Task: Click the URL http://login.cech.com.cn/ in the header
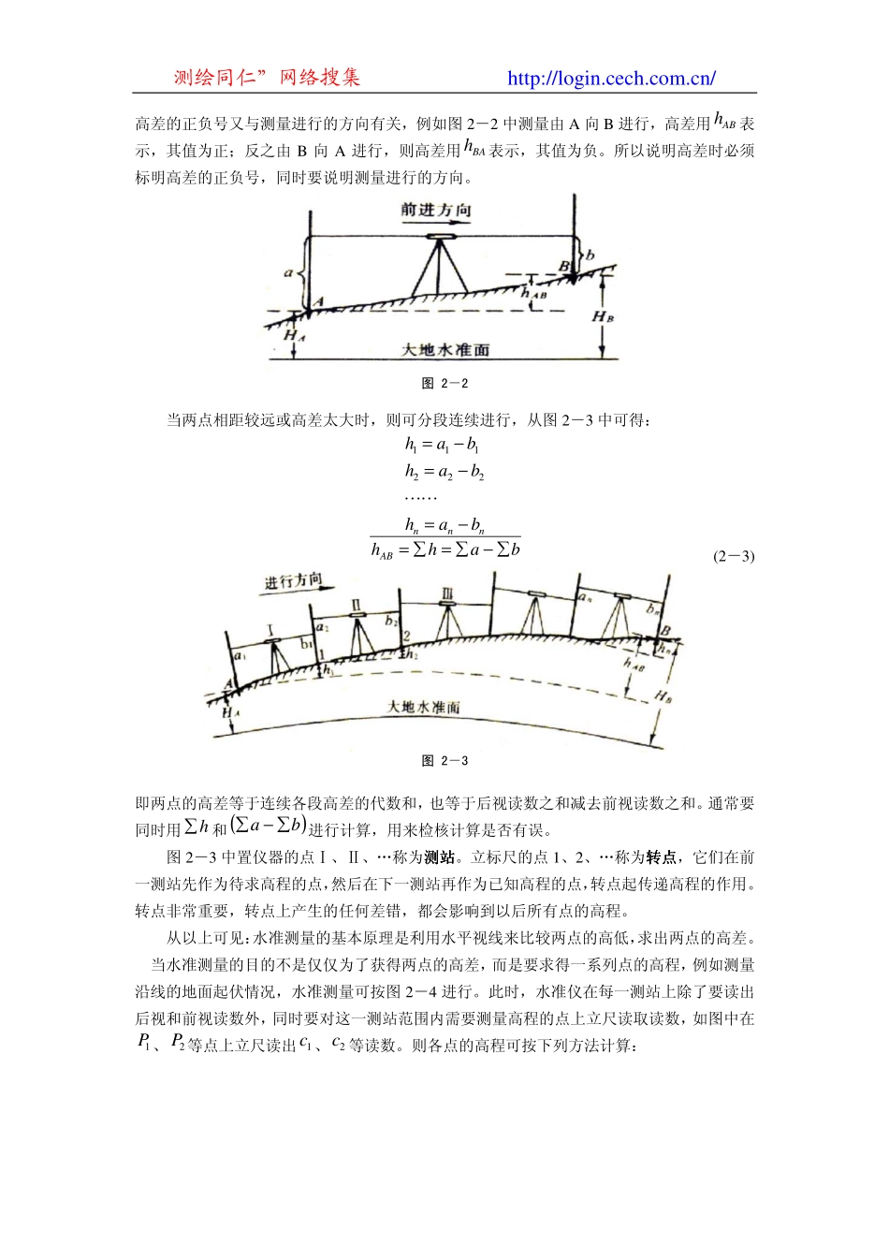point(611,79)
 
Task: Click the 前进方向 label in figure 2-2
point(436,210)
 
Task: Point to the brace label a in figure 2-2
point(288,273)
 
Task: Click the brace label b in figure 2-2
point(590,255)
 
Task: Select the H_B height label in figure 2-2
point(603,316)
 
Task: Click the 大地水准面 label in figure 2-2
point(445,349)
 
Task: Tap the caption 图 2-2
point(445,384)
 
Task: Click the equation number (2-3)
point(734,556)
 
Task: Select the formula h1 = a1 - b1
point(442,445)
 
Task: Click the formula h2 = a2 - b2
point(444,471)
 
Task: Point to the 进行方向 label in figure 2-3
point(293,581)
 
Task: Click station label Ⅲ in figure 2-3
point(447,594)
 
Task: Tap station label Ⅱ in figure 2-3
point(357,604)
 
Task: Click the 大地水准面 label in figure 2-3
point(424,707)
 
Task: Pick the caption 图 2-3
point(445,761)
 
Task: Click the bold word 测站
point(439,857)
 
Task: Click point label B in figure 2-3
point(665,631)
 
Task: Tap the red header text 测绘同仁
point(215,78)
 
